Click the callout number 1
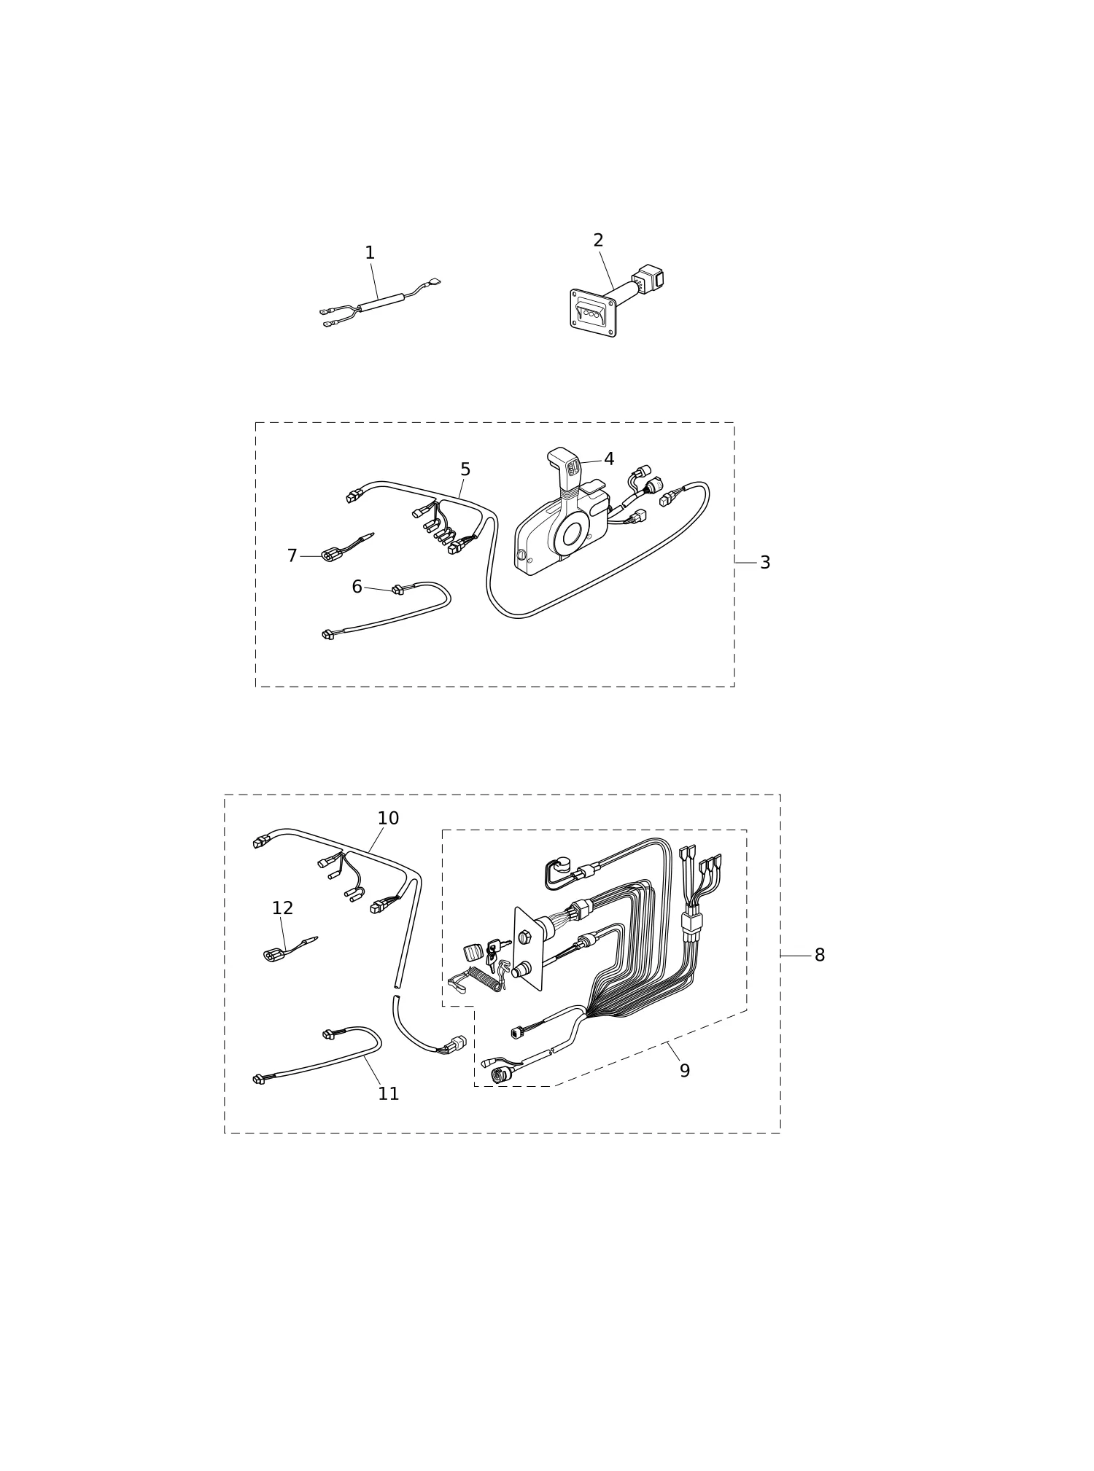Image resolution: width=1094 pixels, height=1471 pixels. coord(370,253)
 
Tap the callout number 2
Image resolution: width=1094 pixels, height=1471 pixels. coord(598,241)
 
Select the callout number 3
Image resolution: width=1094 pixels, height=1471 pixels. coord(765,563)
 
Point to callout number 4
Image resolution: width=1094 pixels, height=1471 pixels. coord(609,459)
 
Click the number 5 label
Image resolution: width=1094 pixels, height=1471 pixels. coord(465,470)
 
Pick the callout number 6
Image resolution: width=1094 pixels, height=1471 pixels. coord(357,587)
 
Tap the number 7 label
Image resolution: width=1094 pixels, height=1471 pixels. coord(292,556)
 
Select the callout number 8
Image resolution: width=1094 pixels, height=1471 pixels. coord(820,956)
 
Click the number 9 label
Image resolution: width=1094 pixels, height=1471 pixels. coord(685,1071)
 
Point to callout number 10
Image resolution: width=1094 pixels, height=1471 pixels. coord(388,819)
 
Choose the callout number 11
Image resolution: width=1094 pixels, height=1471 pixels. coord(389,1094)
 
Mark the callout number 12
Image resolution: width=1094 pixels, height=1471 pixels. coord(282,908)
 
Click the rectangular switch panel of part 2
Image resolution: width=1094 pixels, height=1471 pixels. coord(593,313)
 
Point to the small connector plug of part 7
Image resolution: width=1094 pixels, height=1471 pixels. coord(332,556)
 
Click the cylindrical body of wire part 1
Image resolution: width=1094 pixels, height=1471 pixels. coord(381,303)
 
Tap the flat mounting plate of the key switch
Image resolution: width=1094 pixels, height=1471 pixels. coord(529,948)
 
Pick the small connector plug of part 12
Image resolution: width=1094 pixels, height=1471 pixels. coord(273,956)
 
